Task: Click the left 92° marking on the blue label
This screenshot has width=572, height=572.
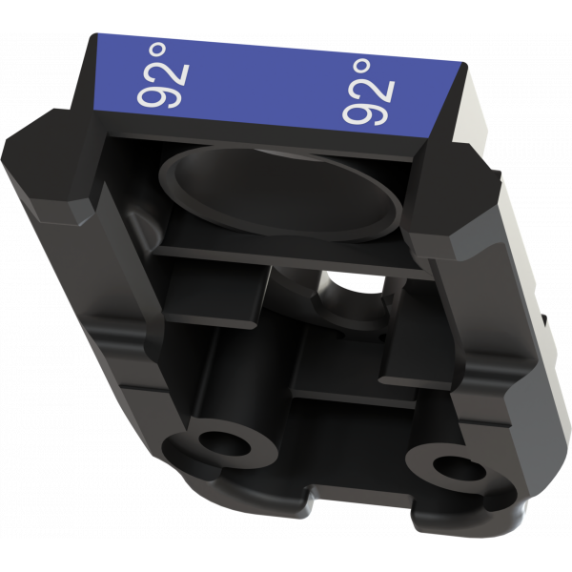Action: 163,75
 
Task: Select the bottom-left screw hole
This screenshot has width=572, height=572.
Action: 224,443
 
